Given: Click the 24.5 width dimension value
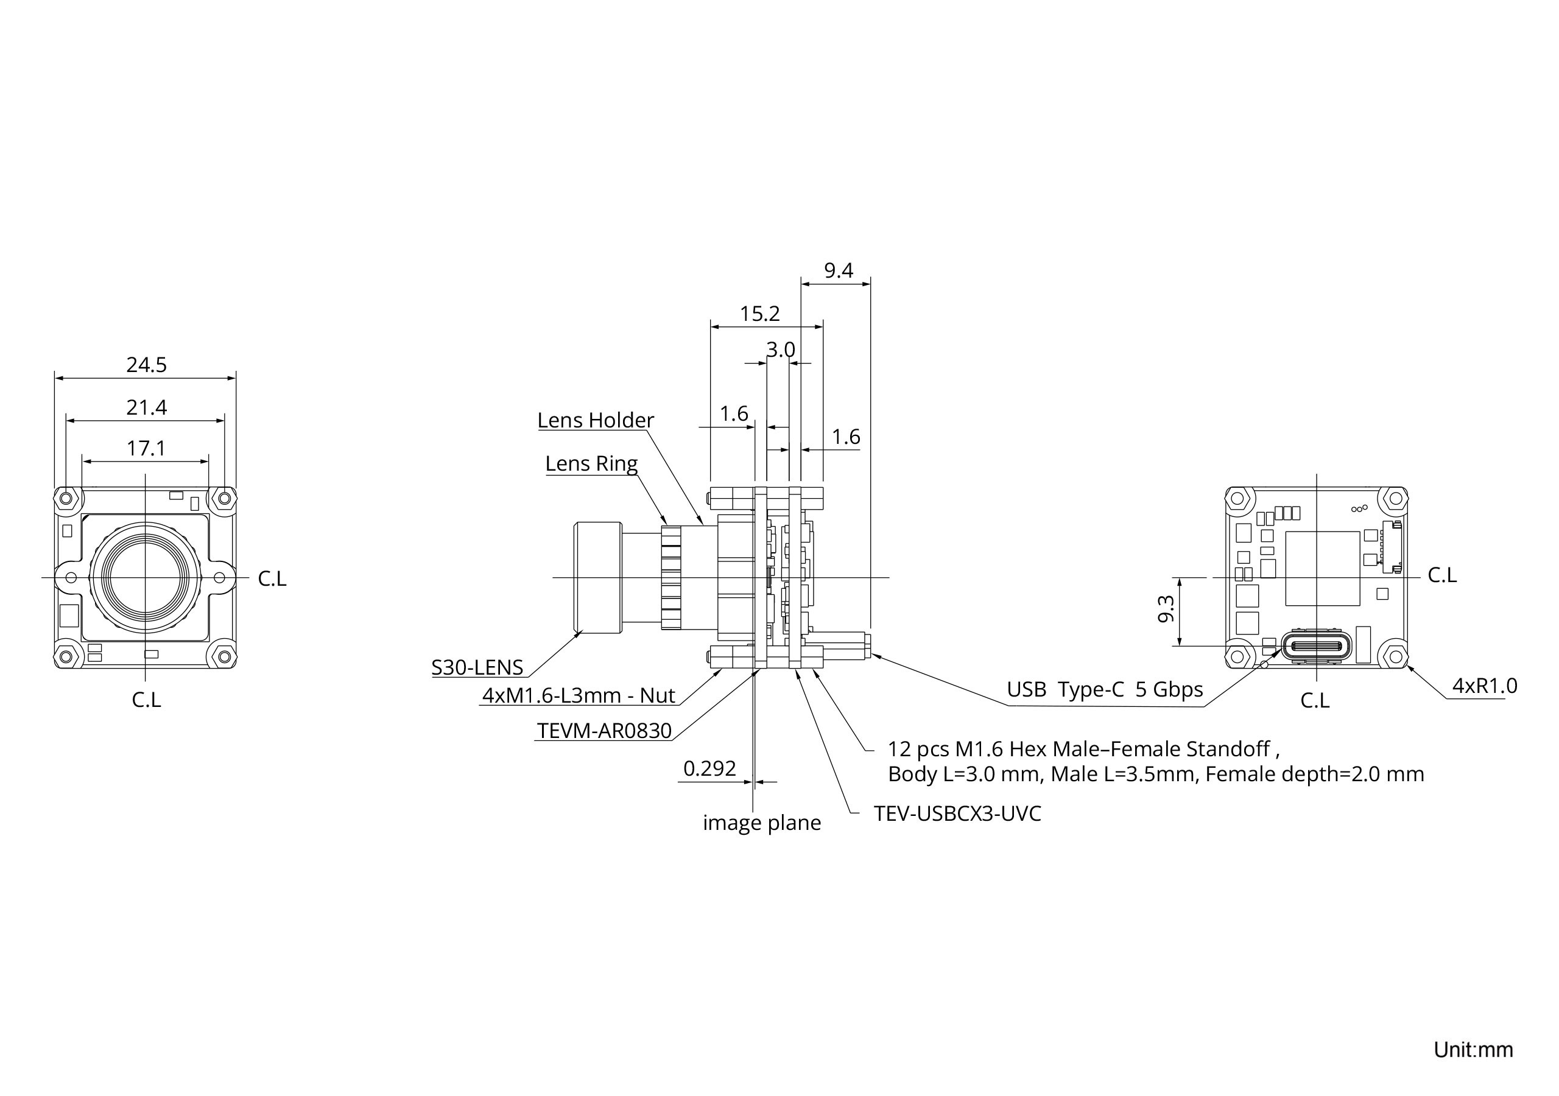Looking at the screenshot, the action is pyautogui.click(x=146, y=365).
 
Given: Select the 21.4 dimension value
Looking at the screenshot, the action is pyautogui.click(x=146, y=407).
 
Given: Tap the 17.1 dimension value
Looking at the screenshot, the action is pyautogui.click(x=146, y=449).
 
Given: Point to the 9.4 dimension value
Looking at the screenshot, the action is pyautogui.click(x=838, y=271).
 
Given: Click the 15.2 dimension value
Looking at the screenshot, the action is pyautogui.click(x=760, y=314).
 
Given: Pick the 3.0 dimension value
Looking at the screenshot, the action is pyautogui.click(x=780, y=350).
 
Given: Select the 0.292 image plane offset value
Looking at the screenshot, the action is pyautogui.click(x=709, y=768).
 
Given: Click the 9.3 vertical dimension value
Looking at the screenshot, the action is pyautogui.click(x=1166, y=608).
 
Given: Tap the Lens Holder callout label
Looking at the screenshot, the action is pyautogui.click(x=596, y=420).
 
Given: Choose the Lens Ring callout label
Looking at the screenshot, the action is pyautogui.click(x=591, y=464).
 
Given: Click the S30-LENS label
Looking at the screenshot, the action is pyautogui.click(x=477, y=667).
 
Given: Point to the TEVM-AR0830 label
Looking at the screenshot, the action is pyautogui.click(x=604, y=731).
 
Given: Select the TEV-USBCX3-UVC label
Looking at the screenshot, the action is pyautogui.click(x=957, y=813).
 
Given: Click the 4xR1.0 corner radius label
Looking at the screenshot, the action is pyautogui.click(x=1484, y=686).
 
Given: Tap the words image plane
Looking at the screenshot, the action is pyautogui.click(x=762, y=823).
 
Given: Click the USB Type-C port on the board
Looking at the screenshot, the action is pyautogui.click(x=1315, y=647).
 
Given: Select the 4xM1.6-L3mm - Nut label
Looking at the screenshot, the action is pyautogui.click(x=579, y=695).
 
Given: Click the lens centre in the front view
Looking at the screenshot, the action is pyautogui.click(x=146, y=577).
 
